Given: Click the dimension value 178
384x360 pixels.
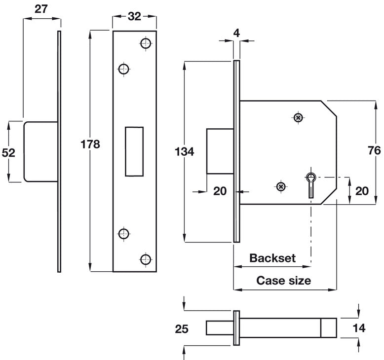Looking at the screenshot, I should (90, 144).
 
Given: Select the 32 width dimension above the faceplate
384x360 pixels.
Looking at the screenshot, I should (134, 16).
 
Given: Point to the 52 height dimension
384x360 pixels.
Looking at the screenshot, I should (9, 153).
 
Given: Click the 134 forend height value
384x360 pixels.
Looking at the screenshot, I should (184, 151).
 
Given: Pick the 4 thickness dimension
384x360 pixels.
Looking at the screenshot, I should (236, 34).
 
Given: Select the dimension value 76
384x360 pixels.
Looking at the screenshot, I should (374, 151).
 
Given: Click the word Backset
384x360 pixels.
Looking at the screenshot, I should (272, 258).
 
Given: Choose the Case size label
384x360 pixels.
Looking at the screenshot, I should (283, 281).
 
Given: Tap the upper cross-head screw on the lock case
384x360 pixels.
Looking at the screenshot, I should (298, 117).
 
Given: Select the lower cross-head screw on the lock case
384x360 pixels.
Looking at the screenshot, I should (281, 186).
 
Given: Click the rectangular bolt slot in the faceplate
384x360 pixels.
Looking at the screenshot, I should (134, 151).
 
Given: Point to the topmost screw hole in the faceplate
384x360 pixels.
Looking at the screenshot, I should (145, 43).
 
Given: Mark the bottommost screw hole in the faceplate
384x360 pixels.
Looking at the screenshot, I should (145, 258).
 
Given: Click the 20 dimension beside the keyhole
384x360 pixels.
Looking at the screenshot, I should (362, 190).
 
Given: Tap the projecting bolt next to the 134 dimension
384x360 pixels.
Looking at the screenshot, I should (219, 151).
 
